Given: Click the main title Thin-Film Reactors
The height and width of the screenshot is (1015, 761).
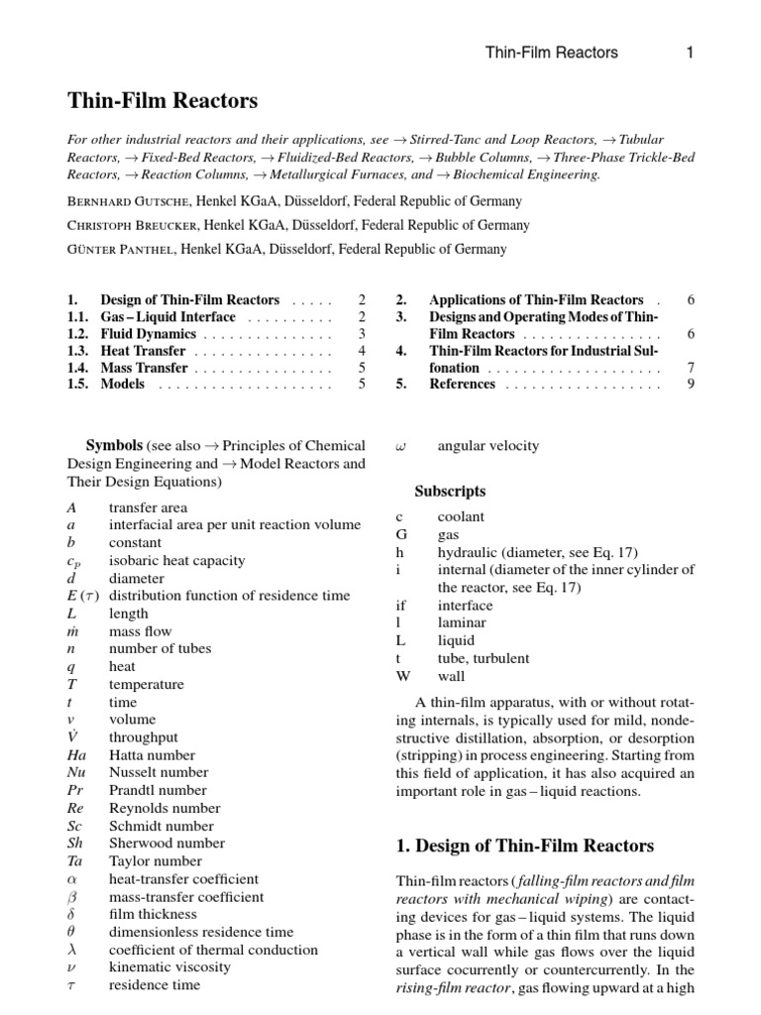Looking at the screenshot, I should [x=163, y=101].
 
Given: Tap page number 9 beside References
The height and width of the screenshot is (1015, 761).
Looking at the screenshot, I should [x=690, y=385].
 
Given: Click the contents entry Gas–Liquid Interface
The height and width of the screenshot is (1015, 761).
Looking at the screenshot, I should [x=168, y=317].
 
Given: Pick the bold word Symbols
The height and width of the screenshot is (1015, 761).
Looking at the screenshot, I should [x=115, y=446].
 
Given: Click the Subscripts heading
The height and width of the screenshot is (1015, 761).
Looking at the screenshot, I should [x=450, y=491].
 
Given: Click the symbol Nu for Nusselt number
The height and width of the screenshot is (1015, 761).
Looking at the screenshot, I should [x=76, y=773].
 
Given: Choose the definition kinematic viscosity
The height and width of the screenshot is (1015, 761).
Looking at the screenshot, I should [x=169, y=967].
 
